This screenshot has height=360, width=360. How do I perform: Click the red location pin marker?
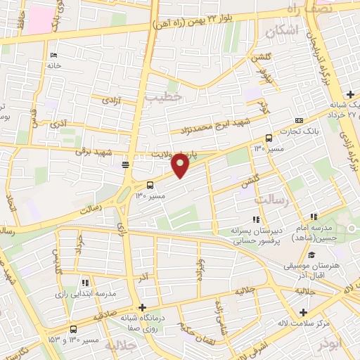[x=180, y=165]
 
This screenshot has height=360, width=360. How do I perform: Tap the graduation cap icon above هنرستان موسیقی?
[x=311, y=254]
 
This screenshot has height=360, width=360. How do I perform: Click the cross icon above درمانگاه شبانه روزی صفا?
[x=143, y=307]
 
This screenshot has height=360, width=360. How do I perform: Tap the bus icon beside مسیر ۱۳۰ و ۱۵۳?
[x=74, y=329]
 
